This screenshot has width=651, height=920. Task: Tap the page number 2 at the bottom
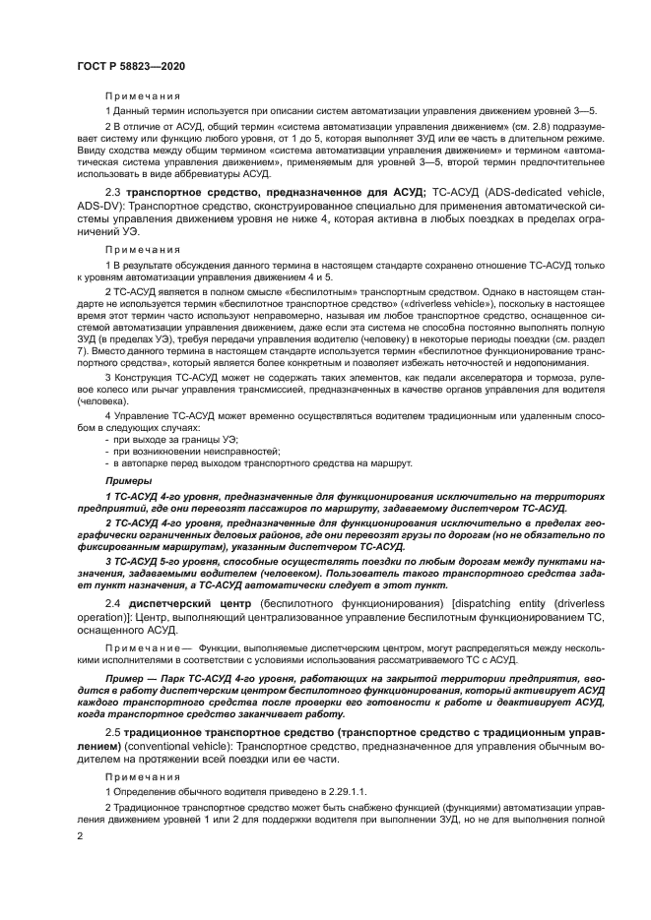tap(78, 835)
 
